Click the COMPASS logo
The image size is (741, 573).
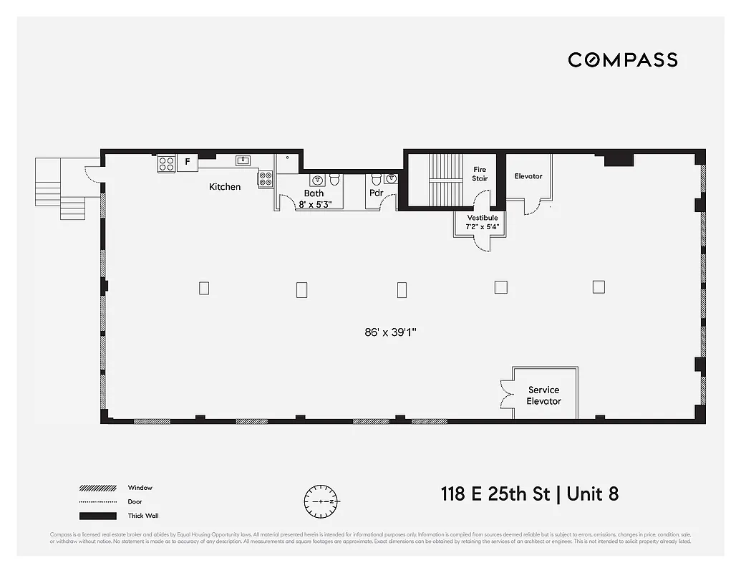pos(623,60)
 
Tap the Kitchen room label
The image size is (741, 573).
pos(225,187)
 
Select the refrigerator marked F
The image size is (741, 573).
pos(188,163)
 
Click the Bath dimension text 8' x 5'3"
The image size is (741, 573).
pos(314,203)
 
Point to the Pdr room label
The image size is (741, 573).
pos(377,193)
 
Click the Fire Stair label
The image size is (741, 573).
pos(480,174)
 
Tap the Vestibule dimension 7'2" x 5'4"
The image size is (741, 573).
pos(483,226)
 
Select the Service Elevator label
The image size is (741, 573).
pos(544,395)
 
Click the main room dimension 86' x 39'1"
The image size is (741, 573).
pos(391,332)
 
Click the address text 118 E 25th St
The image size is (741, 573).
pos(499,494)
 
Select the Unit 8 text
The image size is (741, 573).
pos(594,494)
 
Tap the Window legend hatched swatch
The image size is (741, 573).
pos(97,488)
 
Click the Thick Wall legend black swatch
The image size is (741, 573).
pos(97,516)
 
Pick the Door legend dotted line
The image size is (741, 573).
pos(97,502)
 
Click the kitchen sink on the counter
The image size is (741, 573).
pos(243,160)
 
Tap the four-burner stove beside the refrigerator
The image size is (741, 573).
pos(166,164)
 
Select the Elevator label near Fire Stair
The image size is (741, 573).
pos(528,176)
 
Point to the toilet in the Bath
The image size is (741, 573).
pos(334,179)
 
